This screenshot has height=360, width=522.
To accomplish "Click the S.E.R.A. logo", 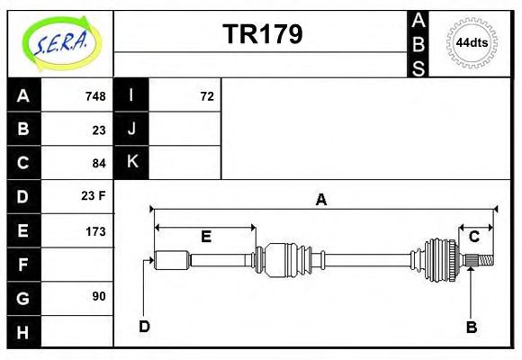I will click(59, 42).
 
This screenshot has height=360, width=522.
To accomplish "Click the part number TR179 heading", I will click(262, 34).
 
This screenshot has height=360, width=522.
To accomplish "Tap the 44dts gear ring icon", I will click(472, 42).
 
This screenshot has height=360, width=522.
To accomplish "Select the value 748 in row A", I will click(94, 96).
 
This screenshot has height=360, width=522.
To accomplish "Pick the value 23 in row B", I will click(99, 130).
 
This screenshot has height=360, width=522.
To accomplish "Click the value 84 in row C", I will click(99, 163).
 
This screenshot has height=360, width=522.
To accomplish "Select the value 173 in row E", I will click(94, 230).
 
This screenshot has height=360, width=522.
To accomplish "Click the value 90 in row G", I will click(99, 296).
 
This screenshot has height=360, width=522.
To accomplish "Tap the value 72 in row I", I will click(206, 96).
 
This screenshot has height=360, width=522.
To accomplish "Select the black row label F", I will click(23, 264).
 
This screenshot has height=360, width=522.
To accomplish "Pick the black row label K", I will click(131, 163).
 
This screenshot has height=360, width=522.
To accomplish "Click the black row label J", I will click(131, 130).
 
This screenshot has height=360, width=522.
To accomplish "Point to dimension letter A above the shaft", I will click(320, 201).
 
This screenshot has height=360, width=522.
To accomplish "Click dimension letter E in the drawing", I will click(206, 237).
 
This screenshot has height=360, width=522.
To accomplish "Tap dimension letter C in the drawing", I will click(473, 237).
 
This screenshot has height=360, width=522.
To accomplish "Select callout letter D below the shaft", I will click(144, 326).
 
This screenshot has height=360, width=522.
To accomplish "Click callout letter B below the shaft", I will click(471, 327).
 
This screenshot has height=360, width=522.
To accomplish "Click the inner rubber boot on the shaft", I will click(286, 259).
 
